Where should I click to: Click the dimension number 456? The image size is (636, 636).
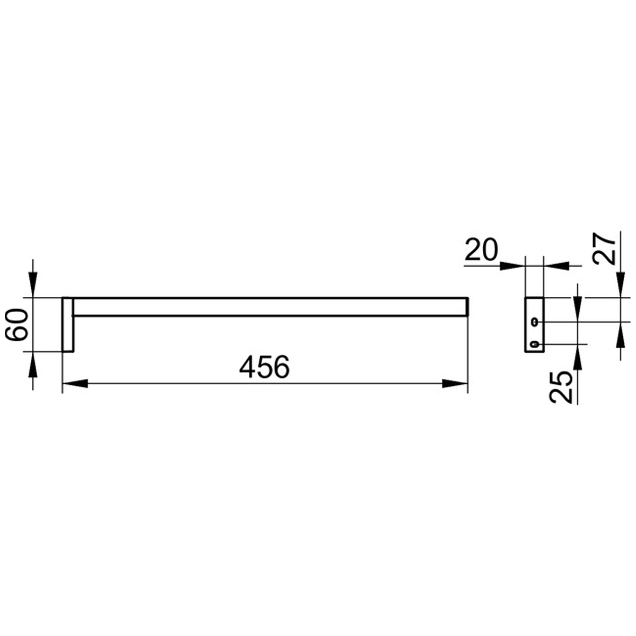(264, 367)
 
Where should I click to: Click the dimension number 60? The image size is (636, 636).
(16, 324)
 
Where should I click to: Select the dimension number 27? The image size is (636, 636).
(605, 249)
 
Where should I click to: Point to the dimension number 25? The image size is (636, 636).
(561, 387)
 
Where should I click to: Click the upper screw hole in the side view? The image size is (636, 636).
(535, 322)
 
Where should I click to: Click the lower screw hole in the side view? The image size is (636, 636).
(535, 344)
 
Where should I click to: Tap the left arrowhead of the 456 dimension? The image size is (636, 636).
(75, 384)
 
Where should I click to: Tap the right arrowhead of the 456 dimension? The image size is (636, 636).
(455, 384)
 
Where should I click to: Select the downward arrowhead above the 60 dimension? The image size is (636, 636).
(33, 285)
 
